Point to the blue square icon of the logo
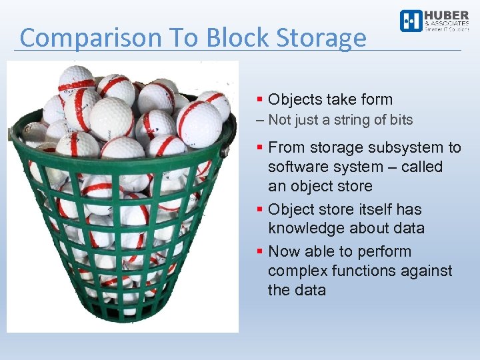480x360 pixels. pos(411,21)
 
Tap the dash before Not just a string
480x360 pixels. pos(260,121)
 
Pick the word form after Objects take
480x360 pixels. pos(376,100)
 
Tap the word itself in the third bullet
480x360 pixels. pos(372,209)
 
